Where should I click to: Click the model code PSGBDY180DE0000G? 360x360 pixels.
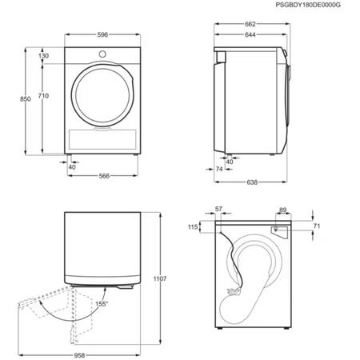tap(309, 6)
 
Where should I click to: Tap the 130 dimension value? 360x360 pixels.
tap(43, 56)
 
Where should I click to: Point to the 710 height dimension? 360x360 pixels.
tap(43, 96)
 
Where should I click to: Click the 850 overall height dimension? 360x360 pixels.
tap(25, 98)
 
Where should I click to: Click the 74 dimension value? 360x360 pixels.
tap(219, 170)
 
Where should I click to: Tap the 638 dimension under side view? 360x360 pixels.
tap(252, 183)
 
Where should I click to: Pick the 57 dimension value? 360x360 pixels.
tap(218, 209)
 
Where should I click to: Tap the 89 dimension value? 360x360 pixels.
tap(282, 210)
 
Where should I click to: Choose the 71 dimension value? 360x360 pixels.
tap(317, 227)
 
